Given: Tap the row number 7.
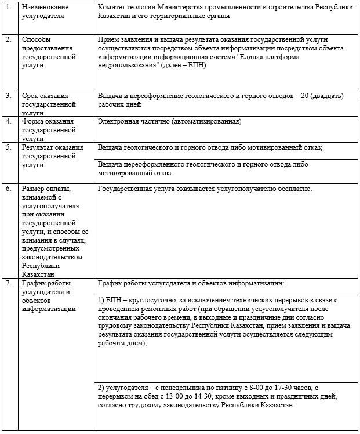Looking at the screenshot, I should [9, 283].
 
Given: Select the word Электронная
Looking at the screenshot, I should [120, 121].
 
